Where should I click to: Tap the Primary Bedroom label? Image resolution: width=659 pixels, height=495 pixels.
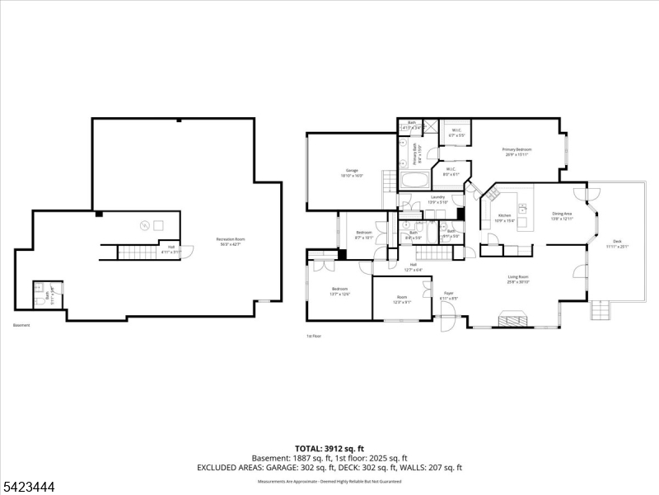tap(516, 151)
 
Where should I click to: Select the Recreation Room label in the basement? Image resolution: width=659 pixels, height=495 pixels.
tap(231, 241)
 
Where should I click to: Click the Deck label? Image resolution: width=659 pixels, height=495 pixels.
tap(617, 245)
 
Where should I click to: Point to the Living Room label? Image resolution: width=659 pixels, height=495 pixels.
tap(517, 279)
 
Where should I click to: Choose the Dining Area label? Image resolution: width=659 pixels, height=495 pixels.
tap(562, 215)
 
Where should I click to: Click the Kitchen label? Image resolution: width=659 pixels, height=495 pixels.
tap(505, 218)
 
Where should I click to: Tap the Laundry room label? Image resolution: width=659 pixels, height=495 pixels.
tap(437, 199)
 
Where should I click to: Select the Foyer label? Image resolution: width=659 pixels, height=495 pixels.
tap(449, 295)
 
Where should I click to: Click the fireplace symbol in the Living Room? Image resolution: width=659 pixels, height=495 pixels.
tap(512, 318)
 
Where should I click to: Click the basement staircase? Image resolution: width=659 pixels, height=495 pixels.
tap(135, 252)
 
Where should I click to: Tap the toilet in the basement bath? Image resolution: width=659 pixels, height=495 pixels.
tap(39, 289)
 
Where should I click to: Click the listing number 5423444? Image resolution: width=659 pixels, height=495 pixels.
tap(29, 488)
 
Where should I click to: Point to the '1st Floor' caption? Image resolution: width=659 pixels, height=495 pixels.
tap(313, 337)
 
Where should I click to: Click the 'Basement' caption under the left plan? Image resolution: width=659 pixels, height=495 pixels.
tap(21, 325)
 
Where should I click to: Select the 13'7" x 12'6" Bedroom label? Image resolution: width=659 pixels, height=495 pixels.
tap(339, 291)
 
